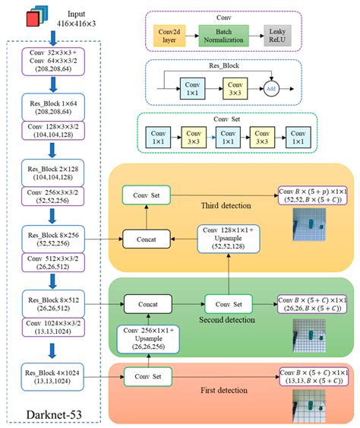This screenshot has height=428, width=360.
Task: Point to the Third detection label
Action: [x=226, y=206]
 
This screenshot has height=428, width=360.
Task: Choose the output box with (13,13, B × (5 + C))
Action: [x=314, y=376]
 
